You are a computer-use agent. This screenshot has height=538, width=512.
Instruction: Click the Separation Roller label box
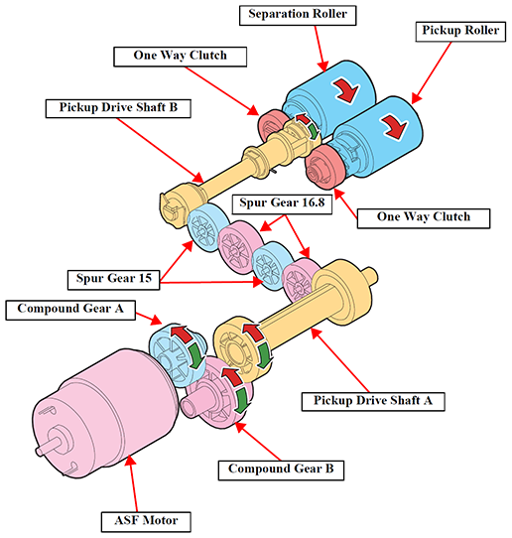(298, 15)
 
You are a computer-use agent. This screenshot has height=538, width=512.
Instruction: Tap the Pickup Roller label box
(460, 32)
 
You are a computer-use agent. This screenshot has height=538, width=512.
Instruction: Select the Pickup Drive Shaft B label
(118, 108)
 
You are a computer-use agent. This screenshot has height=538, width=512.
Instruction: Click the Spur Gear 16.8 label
(282, 204)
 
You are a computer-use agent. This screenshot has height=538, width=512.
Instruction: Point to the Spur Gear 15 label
(113, 280)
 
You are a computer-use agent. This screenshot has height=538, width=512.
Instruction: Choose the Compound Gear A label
(70, 310)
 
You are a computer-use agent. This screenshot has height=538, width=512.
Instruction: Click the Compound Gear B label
(281, 471)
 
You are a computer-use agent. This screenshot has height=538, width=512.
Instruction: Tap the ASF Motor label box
(146, 522)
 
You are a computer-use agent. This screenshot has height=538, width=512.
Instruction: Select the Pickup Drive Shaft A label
(373, 401)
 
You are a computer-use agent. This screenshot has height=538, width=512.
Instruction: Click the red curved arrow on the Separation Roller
(347, 90)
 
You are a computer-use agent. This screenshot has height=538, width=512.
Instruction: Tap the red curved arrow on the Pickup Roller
(395, 127)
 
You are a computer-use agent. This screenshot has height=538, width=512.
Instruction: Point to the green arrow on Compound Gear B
(243, 400)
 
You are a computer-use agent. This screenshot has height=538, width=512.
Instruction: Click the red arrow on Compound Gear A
(182, 334)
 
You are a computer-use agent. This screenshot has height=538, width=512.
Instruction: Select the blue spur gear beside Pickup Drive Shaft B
(207, 227)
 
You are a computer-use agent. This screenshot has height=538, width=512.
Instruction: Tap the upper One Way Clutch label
(180, 57)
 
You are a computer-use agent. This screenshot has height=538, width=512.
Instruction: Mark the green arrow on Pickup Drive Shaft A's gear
(265, 355)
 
